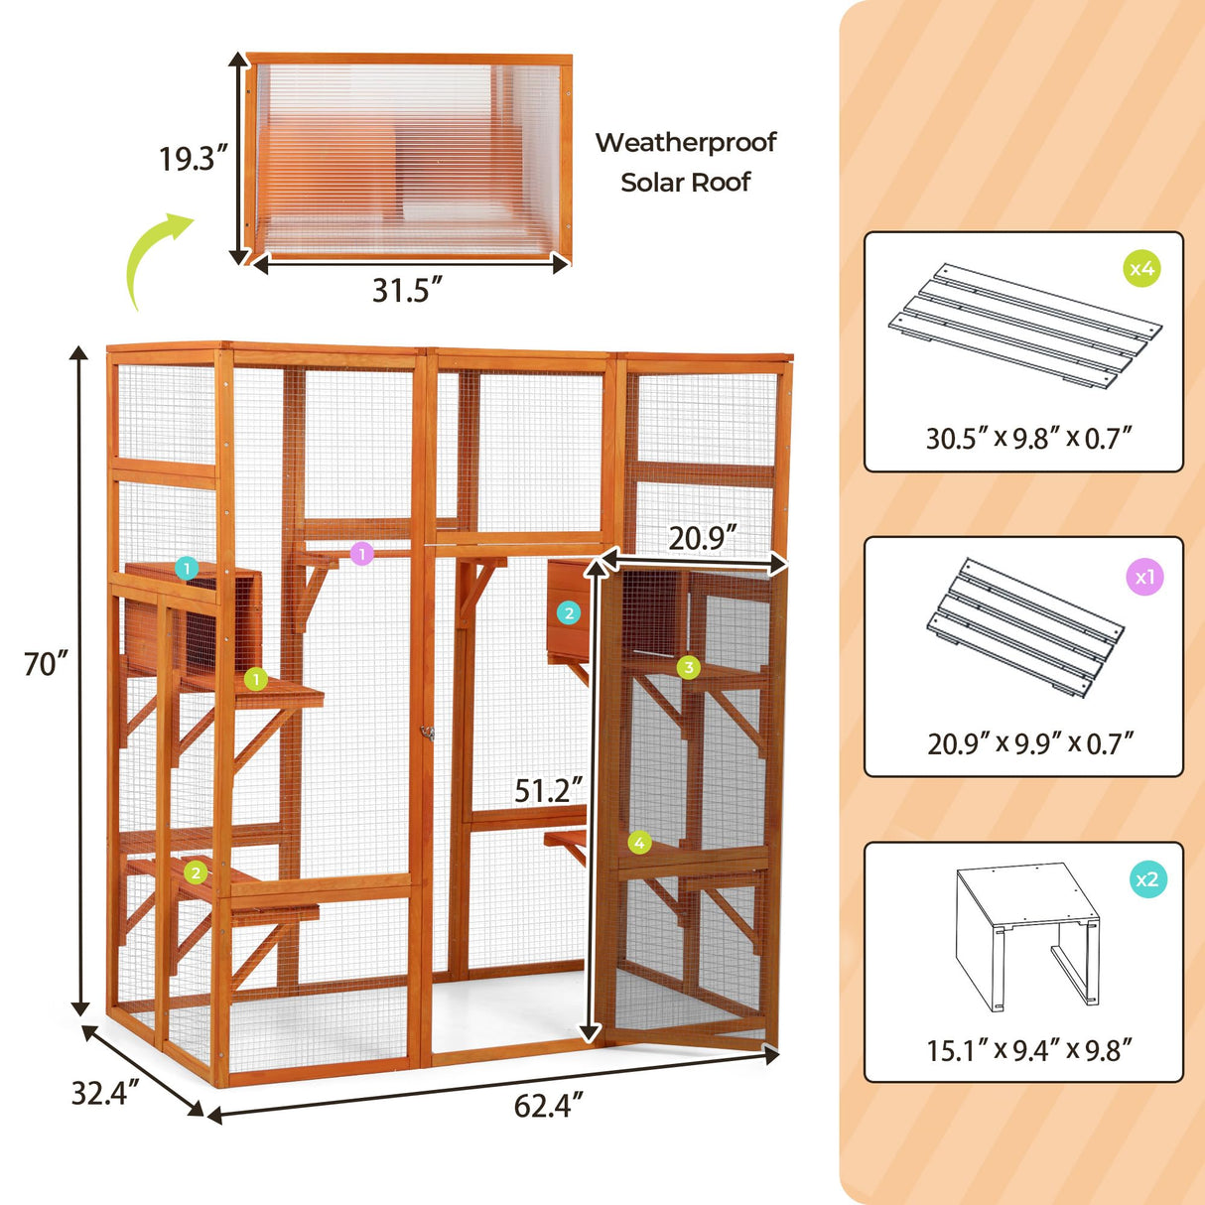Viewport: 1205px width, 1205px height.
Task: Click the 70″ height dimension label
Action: click(x=46, y=663)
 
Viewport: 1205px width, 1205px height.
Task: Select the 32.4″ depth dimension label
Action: click(x=104, y=1093)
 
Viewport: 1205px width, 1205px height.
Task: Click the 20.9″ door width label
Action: click(x=703, y=538)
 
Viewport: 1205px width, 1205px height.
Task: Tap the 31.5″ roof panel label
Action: click(x=407, y=290)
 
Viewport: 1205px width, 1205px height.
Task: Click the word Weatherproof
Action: click(x=685, y=142)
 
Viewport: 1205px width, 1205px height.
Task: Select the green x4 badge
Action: click(x=1142, y=268)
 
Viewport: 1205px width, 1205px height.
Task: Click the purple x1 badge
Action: click(x=1144, y=576)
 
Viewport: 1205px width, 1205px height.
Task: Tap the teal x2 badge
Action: click(x=1147, y=878)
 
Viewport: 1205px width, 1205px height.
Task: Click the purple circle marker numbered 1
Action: click(x=362, y=553)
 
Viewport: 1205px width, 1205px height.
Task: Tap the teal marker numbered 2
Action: click(x=569, y=612)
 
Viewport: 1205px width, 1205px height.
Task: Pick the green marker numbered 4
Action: click(x=639, y=843)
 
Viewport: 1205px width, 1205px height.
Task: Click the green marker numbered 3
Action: click(x=689, y=667)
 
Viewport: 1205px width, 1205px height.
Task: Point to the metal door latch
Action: click(x=428, y=733)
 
